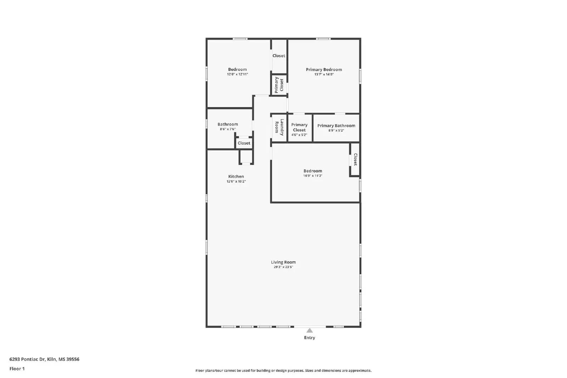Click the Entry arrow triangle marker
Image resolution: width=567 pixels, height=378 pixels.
point(309,330)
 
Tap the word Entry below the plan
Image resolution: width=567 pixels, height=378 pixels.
point(309,338)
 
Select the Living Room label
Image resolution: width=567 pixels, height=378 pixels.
point(283,262)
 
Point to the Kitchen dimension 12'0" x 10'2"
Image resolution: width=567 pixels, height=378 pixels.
point(236,182)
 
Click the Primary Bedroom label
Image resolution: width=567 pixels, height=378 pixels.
point(324,70)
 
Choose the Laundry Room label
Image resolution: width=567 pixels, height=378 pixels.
point(279,127)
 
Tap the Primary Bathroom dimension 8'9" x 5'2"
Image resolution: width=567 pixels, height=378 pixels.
point(336,130)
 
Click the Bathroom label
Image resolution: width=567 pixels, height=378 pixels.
point(228,124)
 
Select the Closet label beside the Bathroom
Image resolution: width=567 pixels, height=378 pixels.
point(244,143)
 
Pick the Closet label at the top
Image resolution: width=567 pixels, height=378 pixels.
point(279,56)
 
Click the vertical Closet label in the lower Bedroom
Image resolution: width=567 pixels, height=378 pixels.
point(355,160)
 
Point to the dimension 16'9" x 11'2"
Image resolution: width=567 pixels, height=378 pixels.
point(313,176)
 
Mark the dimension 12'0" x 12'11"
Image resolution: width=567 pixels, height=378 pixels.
point(237,74)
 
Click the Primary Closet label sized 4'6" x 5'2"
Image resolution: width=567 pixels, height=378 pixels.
point(299,127)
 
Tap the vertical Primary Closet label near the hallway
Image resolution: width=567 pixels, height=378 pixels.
point(279,85)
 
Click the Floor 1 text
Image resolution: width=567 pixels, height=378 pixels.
point(17,369)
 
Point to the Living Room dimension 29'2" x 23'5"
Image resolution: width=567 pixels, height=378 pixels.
point(283,267)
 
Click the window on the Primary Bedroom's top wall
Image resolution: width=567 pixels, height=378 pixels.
point(323,39)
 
